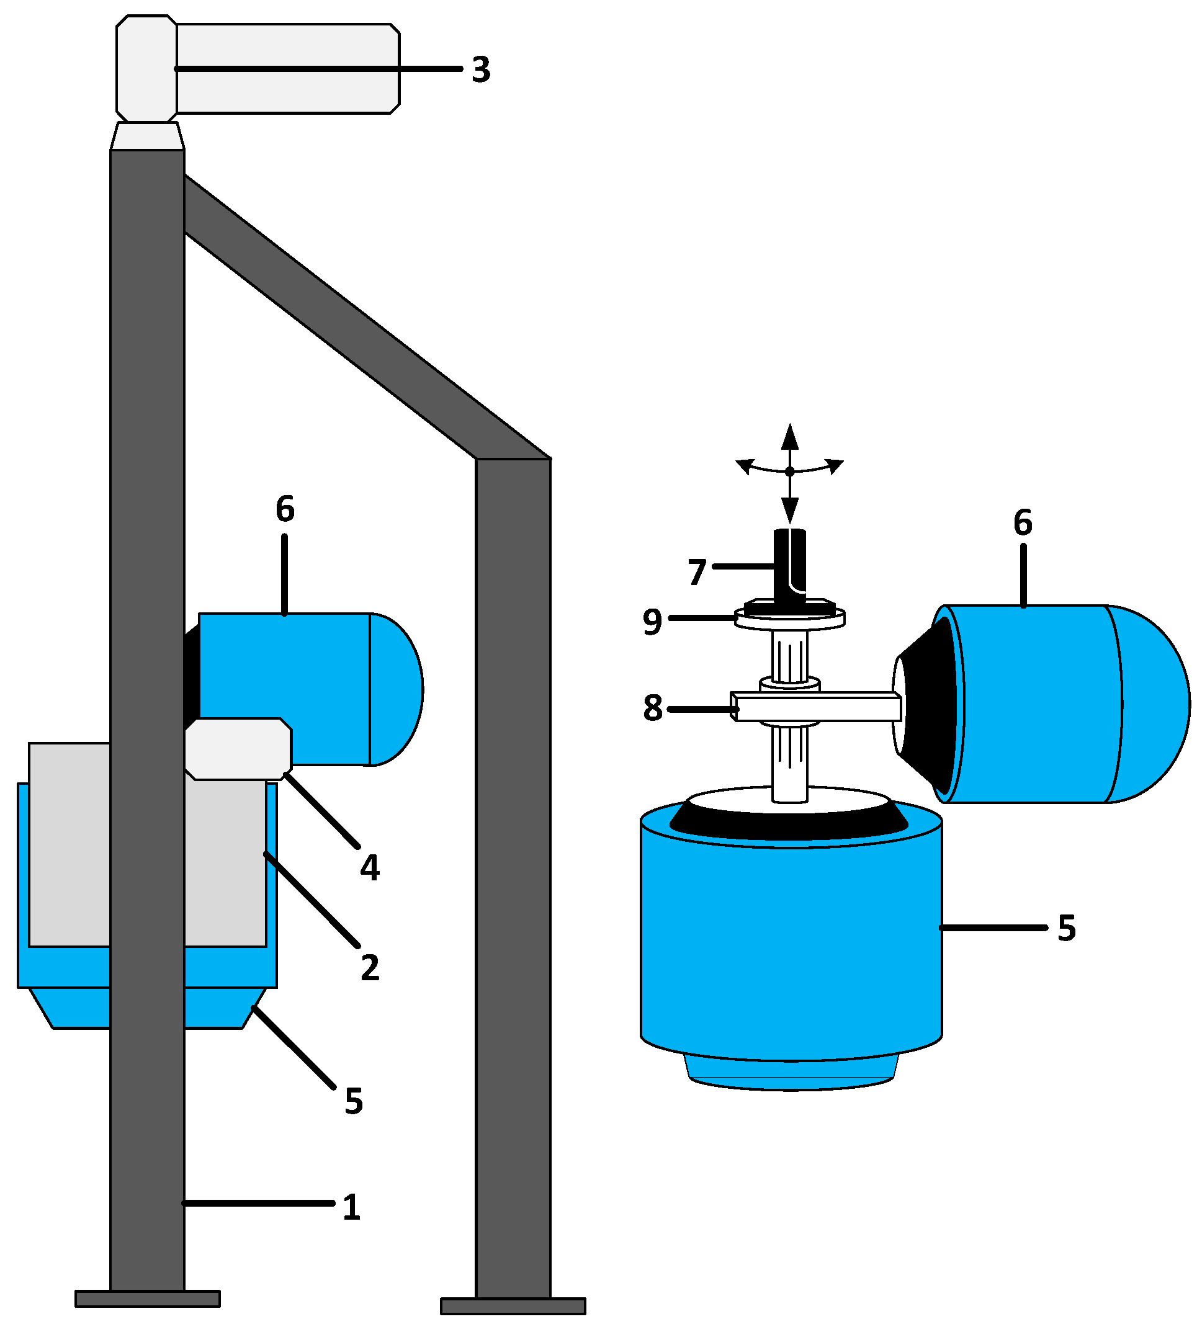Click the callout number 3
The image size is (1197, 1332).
481,69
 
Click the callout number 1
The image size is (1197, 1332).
351,1207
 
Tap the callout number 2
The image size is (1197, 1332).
370,968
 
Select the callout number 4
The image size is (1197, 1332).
370,868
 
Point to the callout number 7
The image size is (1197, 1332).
696,572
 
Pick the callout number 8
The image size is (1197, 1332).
652,708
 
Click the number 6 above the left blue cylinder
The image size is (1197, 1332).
285,509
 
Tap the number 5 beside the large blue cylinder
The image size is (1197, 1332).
1066,928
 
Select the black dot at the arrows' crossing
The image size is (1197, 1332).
789,472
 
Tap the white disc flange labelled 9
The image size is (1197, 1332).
789,620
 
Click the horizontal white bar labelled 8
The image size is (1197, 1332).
822,708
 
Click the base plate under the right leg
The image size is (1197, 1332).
513,1306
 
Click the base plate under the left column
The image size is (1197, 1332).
147,1298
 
